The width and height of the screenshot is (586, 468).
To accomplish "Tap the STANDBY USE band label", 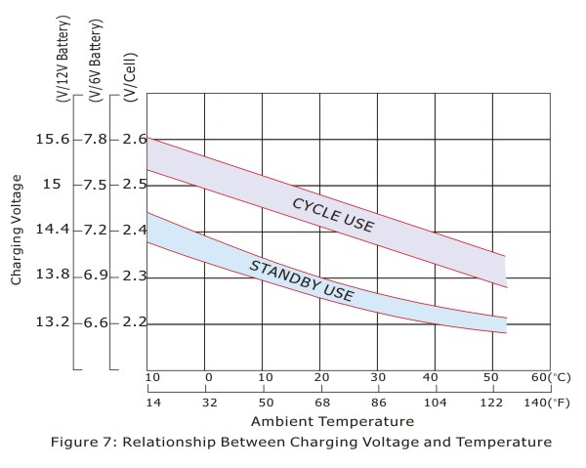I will coord(301,279).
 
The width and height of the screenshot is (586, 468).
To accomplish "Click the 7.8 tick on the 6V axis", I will coord(95,139).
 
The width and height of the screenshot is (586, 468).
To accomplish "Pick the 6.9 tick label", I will coord(95,277).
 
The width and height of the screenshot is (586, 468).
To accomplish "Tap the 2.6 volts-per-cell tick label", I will coord(135,139).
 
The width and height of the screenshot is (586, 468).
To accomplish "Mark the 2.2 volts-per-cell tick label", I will coord(135,322).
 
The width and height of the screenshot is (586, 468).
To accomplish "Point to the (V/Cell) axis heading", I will coord(129,67).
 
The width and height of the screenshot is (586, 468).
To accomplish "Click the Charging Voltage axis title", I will coord(17,231).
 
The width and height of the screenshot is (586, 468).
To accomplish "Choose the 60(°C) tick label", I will coord(548,377).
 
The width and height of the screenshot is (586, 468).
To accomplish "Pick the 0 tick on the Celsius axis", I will coord(208,377).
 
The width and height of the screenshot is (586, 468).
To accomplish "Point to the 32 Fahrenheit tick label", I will coord(208,400).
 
